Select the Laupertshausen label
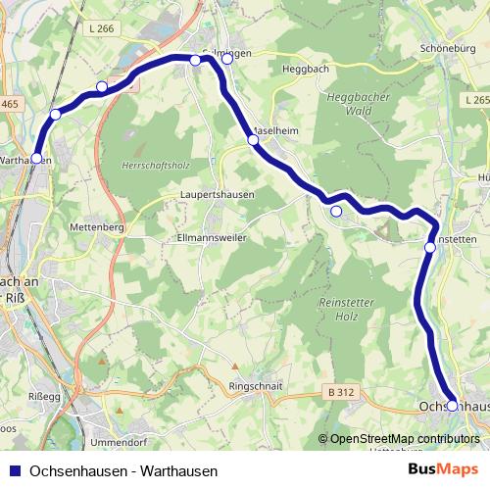tap(217, 194)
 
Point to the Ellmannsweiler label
tap(211, 237)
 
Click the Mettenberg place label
tap(96, 227)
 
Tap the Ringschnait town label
tap(255, 385)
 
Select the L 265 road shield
tap(477, 100)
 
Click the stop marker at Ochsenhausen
tap(452, 405)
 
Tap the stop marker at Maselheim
tap(253, 140)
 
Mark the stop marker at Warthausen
tap(36, 158)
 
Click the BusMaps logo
tap(443, 469)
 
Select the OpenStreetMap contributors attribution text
tap(405, 439)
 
